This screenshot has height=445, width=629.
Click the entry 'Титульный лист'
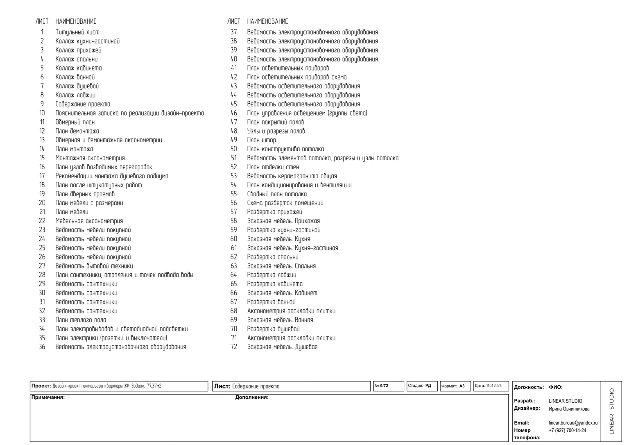pyautogui.click(x=77, y=32)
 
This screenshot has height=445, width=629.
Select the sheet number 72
pyautogui.click(x=234, y=347)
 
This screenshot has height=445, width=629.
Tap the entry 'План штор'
pyautogui.click(x=261, y=140)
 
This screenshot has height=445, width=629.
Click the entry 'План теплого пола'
pyautogui.click(x=81, y=320)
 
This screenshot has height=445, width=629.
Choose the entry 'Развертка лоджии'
pyautogui.click(x=272, y=275)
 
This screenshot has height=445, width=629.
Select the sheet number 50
pyautogui.click(x=234, y=149)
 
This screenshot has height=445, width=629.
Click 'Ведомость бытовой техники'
pyautogui.click(x=94, y=266)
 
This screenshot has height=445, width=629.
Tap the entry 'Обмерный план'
pyautogui.click(x=75, y=122)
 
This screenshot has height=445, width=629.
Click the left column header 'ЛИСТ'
pyautogui.click(x=42, y=21)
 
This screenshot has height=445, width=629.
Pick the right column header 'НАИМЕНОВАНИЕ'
pyautogui.click(x=267, y=21)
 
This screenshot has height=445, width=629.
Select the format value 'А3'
pyautogui.click(x=462, y=386)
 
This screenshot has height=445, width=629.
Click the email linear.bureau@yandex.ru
pyautogui.click(x=573, y=422)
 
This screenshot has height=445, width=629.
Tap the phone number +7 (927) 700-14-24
pyautogui.click(x=567, y=430)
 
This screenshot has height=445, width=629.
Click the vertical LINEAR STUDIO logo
pyautogui.click(x=611, y=411)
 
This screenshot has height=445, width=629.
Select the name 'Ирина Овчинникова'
pyautogui.click(x=569, y=409)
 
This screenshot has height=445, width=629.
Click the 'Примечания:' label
pyautogui.click(x=48, y=397)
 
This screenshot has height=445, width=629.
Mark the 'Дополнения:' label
pyautogui.click(x=251, y=397)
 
